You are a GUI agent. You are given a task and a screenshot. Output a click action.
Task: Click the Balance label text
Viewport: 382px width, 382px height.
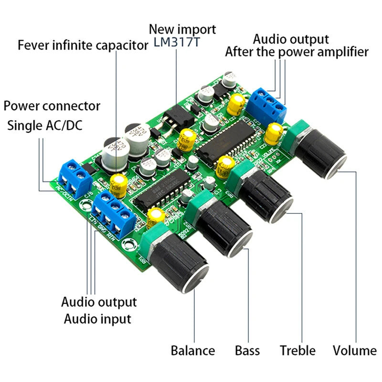point(192,351)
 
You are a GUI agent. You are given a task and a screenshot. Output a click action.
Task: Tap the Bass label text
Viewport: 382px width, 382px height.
point(247,351)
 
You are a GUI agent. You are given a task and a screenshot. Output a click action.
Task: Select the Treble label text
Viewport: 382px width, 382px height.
point(297,351)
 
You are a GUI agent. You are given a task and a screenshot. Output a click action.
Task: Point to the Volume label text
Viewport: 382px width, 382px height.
point(354,351)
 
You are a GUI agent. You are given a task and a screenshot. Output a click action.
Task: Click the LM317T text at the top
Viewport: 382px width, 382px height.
point(177,42)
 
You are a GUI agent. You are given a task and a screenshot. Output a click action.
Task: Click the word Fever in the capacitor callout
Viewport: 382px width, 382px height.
point(34,46)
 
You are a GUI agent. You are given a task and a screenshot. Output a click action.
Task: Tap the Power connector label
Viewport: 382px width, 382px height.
point(52,106)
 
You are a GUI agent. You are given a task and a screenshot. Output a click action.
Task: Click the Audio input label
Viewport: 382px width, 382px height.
point(97,318)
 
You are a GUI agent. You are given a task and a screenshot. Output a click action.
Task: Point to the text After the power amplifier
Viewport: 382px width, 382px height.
point(297,52)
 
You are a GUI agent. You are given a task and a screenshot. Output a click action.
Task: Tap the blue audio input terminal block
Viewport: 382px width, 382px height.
point(113,213)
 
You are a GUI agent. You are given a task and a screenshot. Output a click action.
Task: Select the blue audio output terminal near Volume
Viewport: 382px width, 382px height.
point(269,104)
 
